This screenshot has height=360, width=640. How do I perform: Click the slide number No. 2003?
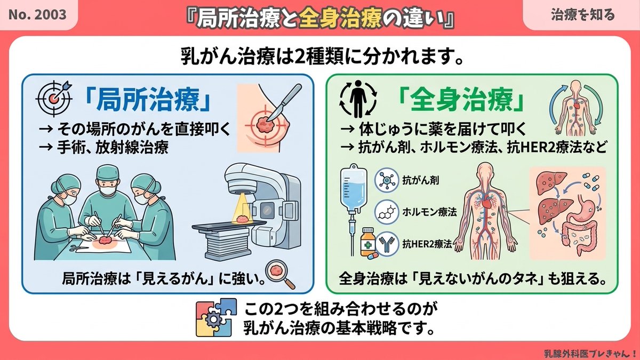click(x=37, y=14)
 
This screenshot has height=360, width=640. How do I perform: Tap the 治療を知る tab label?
click(x=582, y=15)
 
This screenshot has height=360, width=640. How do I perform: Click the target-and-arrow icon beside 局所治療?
click(x=54, y=98)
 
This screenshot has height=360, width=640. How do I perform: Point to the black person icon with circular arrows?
click(x=358, y=99)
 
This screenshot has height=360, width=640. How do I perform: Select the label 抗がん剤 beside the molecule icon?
click(x=420, y=180)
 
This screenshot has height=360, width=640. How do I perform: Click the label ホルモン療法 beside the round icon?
click(x=429, y=212)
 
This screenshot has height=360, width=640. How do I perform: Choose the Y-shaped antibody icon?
click(x=386, y=244)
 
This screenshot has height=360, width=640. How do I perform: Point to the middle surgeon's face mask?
click(x=107, y=189)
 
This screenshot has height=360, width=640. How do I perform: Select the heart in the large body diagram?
click(x=486, y=203)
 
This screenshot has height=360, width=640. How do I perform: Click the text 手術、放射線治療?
click(x=113, y=148)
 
